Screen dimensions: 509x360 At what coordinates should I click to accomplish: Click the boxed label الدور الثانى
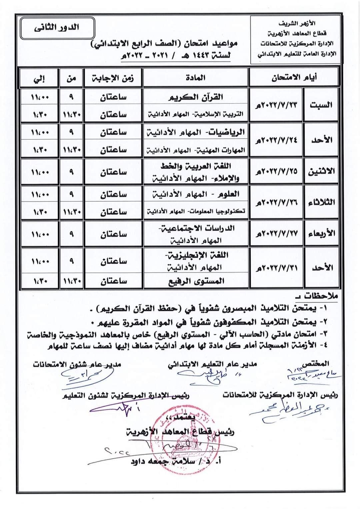click(57, 28)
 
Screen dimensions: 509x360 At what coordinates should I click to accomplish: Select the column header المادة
click(195, 78)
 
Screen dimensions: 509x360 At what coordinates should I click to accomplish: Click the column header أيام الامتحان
click(293, 78)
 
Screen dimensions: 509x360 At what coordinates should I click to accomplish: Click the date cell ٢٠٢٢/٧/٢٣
click(276, 105)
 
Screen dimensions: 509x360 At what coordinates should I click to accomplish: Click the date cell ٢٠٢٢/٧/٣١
click(276, 268)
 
